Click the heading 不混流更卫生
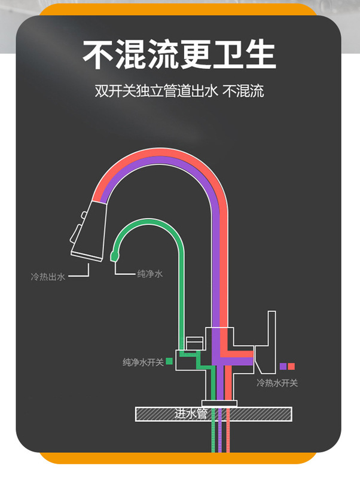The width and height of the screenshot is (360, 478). point(179,55)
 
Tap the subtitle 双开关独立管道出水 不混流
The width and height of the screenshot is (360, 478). point(179,91)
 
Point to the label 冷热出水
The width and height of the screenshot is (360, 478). point(48,277)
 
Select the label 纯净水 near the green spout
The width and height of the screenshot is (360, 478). point(150,274)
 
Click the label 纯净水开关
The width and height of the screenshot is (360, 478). point(143,361)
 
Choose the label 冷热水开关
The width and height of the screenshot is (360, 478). point(277,382)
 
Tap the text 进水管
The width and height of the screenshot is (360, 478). point(190,413)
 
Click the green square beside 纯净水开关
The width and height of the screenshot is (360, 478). point(169,361)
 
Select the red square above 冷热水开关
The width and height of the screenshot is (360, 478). point(291,366)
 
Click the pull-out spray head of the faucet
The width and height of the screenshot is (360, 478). point(88,230)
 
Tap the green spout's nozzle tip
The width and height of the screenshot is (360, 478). point(115,256)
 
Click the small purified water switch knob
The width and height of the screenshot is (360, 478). point(194,342)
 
